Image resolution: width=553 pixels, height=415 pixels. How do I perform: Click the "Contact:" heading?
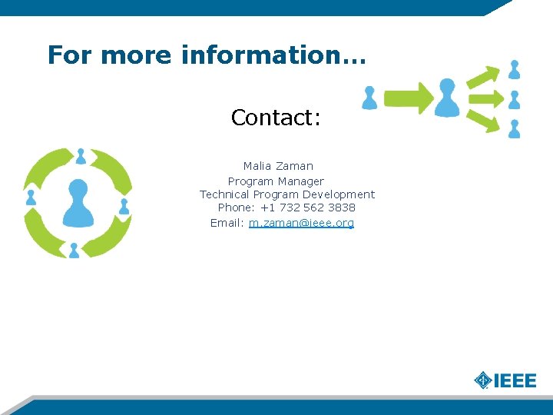[x=276, y=118]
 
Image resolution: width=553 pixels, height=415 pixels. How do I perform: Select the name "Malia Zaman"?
[x=278, y=166]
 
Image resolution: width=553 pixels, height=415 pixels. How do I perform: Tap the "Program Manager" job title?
[x=276, y=181]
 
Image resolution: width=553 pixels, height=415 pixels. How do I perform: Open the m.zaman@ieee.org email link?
[x=301, y=223]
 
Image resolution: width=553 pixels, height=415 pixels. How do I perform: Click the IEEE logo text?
[x=515, y=380]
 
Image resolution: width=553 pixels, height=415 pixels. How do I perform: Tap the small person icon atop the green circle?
[x=81, y=156]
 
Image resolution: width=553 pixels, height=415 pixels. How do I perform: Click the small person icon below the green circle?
[x=74, y=251]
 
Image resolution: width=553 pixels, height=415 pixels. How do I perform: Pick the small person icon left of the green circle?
[x=31, y=197]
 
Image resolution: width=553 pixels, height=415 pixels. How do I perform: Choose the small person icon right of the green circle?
[x=124, y=207]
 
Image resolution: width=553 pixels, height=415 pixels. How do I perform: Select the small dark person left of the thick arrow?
[x=370, y=98]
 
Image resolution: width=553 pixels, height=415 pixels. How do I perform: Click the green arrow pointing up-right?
[x=484, y=77]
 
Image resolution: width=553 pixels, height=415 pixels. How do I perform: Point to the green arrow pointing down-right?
[x=484, y=121]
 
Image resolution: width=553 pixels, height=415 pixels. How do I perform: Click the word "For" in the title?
[x=70, y=55]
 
